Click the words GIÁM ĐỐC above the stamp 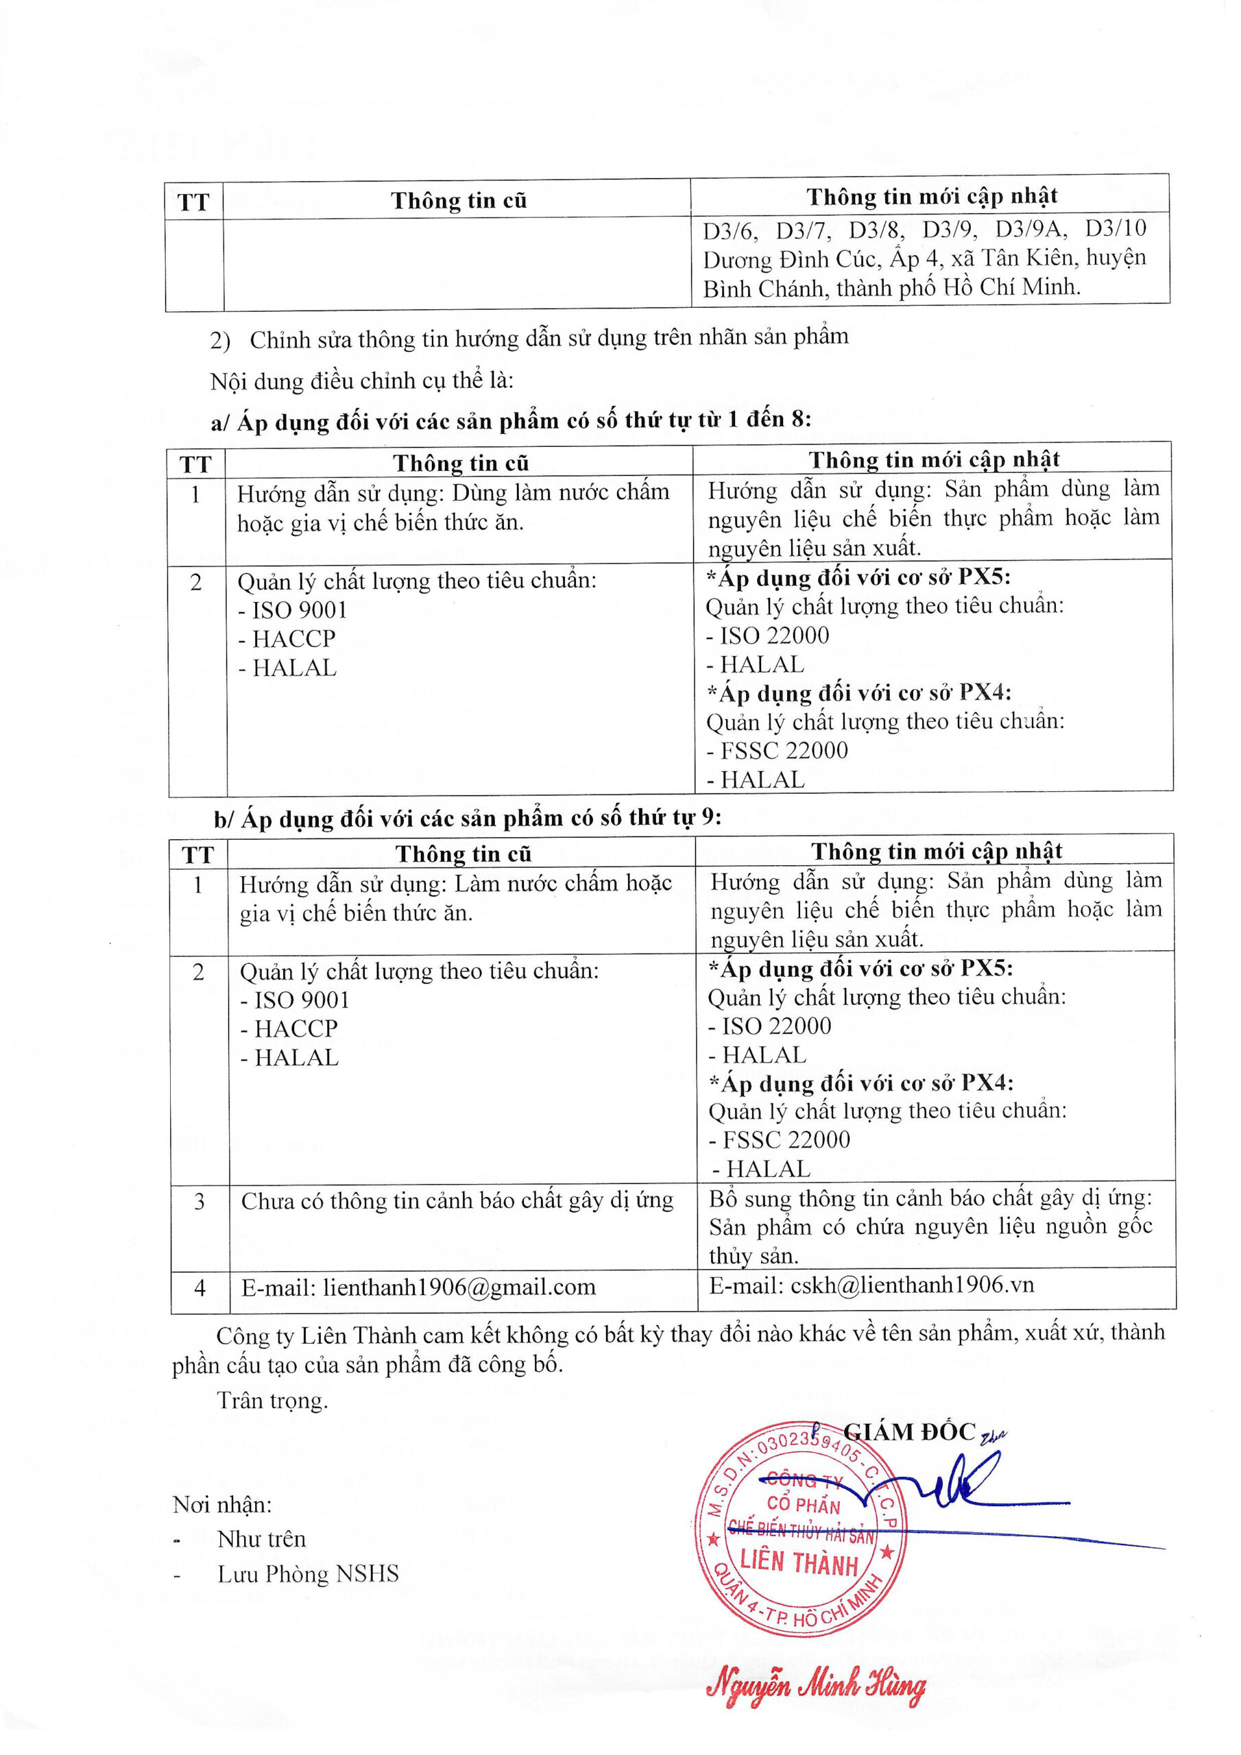coord(910,1432)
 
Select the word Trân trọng coord(273,1401)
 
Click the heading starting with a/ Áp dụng coord(511,420)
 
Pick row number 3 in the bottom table coord(200,1202)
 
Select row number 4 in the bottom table coord(200,1288)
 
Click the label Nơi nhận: coord(221,1505)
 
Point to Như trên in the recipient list coord(261,1538)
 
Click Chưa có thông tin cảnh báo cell coord(457,1202)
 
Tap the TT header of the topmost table coord(193,202)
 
